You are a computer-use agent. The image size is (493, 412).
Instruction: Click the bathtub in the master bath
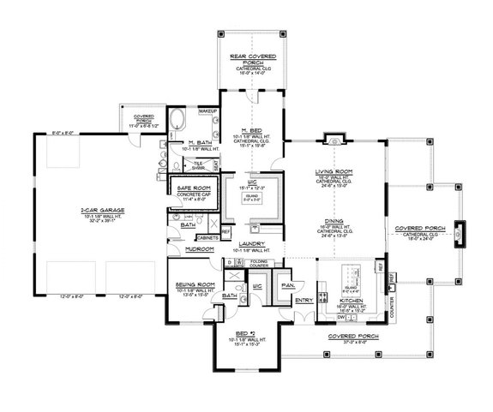pos(176,120)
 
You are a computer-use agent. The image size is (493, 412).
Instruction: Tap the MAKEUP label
pos(206,112)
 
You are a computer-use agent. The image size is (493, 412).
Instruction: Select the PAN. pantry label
pos(286,284)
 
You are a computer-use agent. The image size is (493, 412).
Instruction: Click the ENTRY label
pos(303,301)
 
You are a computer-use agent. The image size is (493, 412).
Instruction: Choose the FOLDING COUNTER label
pos(259,264)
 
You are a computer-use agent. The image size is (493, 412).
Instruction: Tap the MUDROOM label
pos(199,248)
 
